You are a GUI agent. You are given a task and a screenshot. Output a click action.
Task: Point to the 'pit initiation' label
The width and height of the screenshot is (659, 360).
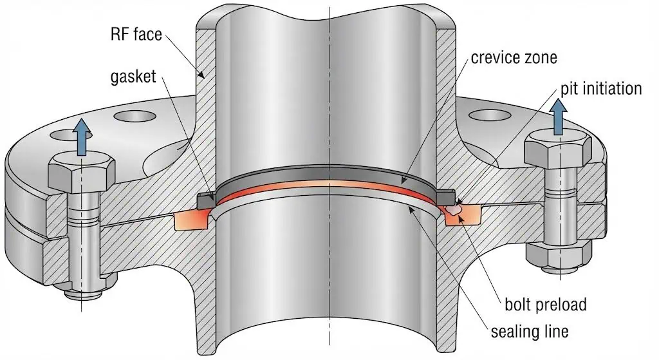pos(591,88)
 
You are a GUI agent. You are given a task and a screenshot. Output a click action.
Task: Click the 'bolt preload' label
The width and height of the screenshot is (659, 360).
pos(544,303)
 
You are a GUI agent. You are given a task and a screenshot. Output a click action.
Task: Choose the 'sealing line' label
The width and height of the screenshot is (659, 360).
pos(529,332)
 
